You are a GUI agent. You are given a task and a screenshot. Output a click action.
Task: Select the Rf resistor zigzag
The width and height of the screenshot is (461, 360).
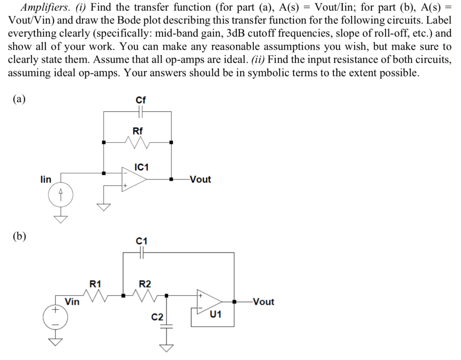coord(138,143)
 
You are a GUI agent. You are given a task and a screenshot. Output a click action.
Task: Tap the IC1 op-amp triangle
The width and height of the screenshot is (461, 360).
coord(134,179)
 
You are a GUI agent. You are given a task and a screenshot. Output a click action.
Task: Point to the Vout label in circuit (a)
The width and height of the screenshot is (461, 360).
coord(200,179)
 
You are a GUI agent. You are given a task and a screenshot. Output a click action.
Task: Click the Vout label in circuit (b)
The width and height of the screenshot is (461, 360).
coord(263,302)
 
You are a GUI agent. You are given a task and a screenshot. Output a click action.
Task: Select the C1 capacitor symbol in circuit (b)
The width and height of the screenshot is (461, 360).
coord(141,254)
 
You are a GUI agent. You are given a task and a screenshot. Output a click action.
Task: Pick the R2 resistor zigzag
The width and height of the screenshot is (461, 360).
coord(145,296)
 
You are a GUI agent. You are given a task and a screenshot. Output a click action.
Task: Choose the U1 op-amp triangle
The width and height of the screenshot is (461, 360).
coord(210,301)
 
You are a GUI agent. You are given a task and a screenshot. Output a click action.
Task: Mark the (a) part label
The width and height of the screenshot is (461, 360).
coord(18,100)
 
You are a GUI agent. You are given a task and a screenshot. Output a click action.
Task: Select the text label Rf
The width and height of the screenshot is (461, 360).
coord(138,131)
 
